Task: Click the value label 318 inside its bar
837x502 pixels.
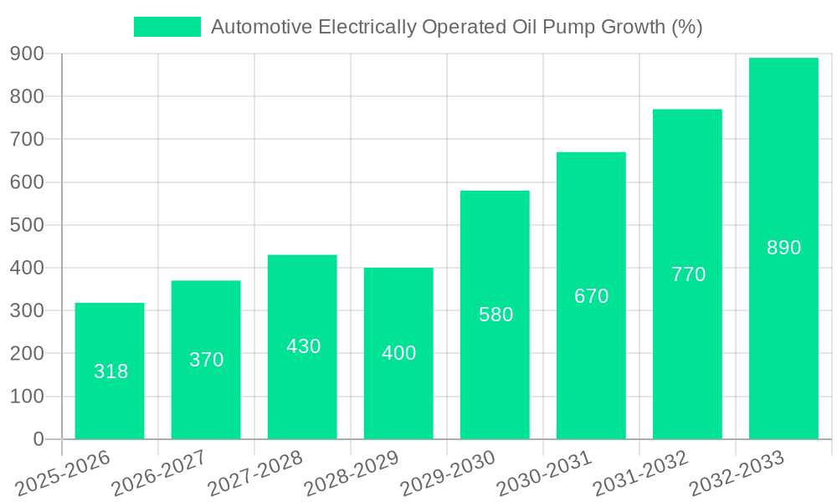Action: (x=110, y=371)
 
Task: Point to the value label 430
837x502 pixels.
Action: (x=303, y=346)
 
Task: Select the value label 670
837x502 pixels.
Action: (x=591, y=296)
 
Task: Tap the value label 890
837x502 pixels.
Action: (x=784, y=248)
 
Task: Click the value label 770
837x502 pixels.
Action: (x=688, y=274)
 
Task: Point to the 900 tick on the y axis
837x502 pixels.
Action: (x=27, y=54)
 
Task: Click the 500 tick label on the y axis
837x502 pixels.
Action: (x=27, y=225)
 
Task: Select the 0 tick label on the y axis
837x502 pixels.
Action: (x=39, y=439)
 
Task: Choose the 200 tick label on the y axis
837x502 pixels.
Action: (x=27, y=354)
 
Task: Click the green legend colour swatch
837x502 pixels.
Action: (x=167, y=27)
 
